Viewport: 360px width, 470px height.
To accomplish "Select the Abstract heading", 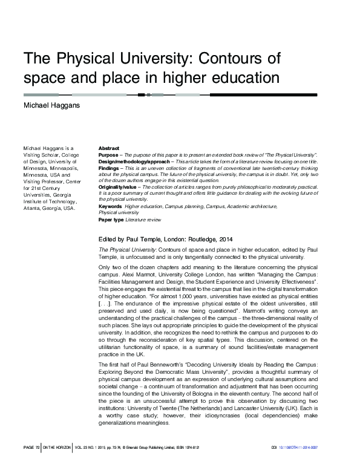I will click(x=108, y=148).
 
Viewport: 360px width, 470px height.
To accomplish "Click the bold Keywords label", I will click(x=110, y=206).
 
